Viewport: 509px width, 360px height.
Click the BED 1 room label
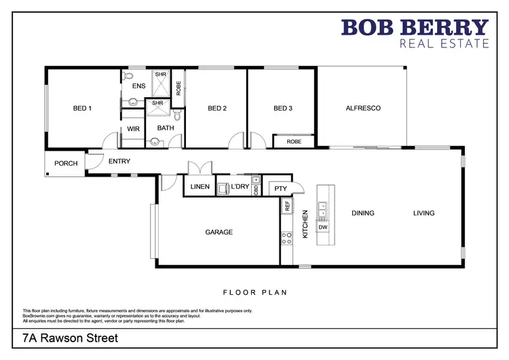pyautogui.click(x=82, y=108)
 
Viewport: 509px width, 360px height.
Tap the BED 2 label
pyautogui.click(x=217, y=108)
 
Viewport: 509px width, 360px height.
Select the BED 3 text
pyautogui.click(x=283, y=108)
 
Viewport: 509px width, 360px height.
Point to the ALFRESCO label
pyautogui.click(x=363, y=108)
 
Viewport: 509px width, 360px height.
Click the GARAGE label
pyautogui.click(x=219, y=232)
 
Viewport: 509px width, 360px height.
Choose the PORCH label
pyautogui.click(x=66, y=164)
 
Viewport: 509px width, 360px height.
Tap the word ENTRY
pyautogui.click(x=119, y=161)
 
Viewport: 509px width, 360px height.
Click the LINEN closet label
pyautogui.click(x=200, y=187)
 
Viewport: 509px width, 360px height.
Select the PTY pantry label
pyautogui.click(x=280, y=190)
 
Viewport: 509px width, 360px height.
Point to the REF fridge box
pyautogui.click(x=287, y=206)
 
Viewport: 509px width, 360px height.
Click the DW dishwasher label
pyautogui.click(x=323, y=228)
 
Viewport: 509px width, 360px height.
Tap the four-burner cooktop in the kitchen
pyautogui.click(x=286, y=238)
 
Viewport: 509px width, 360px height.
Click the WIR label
pyautogui.click(x=132, y=128)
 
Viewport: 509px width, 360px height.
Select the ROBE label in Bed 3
pyautogui.click(x=294, y=142)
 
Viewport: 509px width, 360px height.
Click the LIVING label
pyautogui.click(x=424, y=213)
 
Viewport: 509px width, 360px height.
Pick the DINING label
pyautogui.click(x=363, y=213)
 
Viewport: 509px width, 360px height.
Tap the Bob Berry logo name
pyautogui.click(x=415, y=28)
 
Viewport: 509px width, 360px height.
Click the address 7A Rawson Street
pyautogui.click(x=71, y=338)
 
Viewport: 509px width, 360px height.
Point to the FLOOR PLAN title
pyautogui.click(x=255, y=293)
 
